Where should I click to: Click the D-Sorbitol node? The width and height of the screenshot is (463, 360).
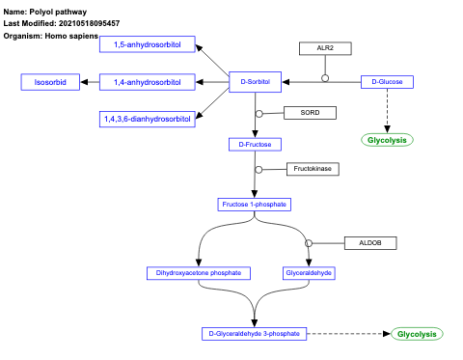click(x=255, y=82)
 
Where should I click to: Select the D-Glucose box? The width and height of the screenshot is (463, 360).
click(x=388, y=82)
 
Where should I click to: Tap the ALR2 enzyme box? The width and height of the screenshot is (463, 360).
click(x=325, y=48)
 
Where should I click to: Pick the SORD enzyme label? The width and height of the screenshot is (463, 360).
click(x=310, y=112)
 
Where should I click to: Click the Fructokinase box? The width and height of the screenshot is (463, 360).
click(x=313, y=169)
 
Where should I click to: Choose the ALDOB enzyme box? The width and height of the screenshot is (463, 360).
click(x=369, y=242)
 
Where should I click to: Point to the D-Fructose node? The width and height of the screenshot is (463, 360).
click(x=255, y=145)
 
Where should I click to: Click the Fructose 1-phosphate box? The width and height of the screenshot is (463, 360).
click(x=255, y=205)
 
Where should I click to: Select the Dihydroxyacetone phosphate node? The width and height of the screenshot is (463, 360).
click(x=200, y=273)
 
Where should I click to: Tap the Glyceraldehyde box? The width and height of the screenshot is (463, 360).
click(x=310, y=273)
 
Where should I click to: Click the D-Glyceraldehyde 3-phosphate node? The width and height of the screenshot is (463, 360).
click(x=255, y=334)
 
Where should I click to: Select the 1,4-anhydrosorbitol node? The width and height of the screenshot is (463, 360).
click(x=148, y=82)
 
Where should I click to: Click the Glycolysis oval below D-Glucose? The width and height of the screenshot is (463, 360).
click(x=388, y=140)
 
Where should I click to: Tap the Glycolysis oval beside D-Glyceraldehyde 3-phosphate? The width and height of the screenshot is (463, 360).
click(x=417, y=334)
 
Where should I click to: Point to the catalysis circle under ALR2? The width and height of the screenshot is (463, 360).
click(x=325, y=77)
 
